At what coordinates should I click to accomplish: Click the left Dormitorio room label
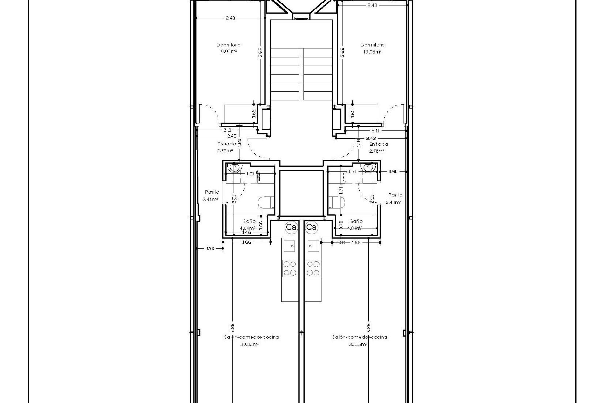tap(228, 45)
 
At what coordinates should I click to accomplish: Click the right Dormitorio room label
tap(372, 45)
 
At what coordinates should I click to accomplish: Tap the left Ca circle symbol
tap(291, 227)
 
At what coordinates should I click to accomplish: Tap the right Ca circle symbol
tap(311, 227)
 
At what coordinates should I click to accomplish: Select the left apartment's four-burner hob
tap(290, 268)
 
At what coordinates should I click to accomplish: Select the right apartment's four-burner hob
tap(313, 268)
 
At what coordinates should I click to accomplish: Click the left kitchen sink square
tap(290, 246)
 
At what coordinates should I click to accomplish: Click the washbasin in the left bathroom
tap(234, 167)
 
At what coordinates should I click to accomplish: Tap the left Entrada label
tap(227, 144)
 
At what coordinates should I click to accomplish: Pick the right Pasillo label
tap(395, 195)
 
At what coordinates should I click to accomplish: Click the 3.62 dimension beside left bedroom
tap(261, 52)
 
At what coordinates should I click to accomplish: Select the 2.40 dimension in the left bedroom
tap(230, 18)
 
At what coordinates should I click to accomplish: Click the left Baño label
tap(249, 221)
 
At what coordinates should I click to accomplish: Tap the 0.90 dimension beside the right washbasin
tap(393, 172)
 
